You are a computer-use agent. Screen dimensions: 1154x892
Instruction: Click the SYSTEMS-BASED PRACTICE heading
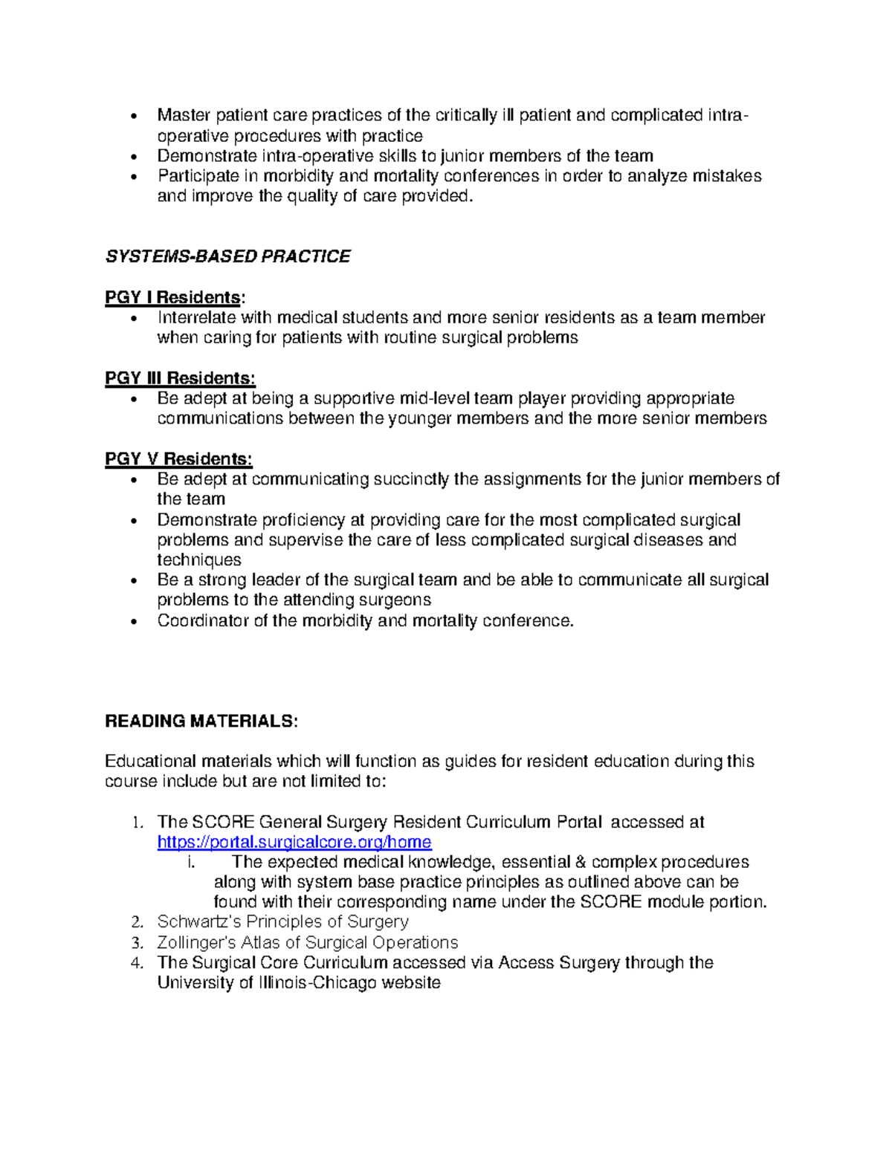click(227, 256)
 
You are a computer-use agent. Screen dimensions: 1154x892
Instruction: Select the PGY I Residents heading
click(172, 297)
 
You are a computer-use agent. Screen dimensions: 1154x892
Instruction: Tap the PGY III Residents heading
click(180, 378)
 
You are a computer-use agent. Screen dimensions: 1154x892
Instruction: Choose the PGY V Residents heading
click(178, 458)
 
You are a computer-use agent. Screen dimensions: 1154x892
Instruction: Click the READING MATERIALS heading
click(201, 721)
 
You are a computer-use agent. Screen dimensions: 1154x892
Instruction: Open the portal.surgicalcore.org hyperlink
click(294, 842)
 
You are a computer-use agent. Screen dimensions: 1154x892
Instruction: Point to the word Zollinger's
click(195, 942)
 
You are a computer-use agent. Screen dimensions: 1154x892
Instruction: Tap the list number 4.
click(136, 963)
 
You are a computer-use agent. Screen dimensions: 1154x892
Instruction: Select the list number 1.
click(136, 823)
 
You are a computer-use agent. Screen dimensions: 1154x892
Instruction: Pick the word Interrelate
click(196, 317)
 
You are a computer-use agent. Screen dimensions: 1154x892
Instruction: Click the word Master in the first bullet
click(184, 115)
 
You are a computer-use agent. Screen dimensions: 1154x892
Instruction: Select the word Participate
click(198, 176)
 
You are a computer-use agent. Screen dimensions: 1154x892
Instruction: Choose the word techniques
click(198, 560)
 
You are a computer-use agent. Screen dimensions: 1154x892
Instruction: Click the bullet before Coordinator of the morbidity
click(134, 621)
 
